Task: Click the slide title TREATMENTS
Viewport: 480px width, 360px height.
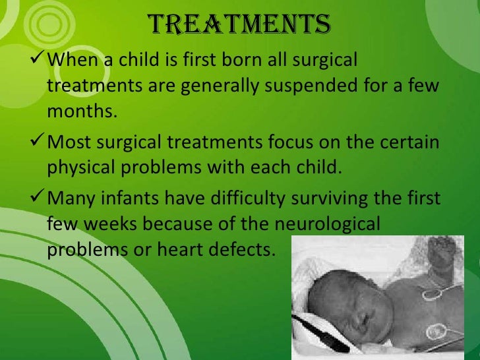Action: pyautogui.click(x=239, y=24)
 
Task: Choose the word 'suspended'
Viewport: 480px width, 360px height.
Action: pyautogui.click(x=336, y=86)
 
